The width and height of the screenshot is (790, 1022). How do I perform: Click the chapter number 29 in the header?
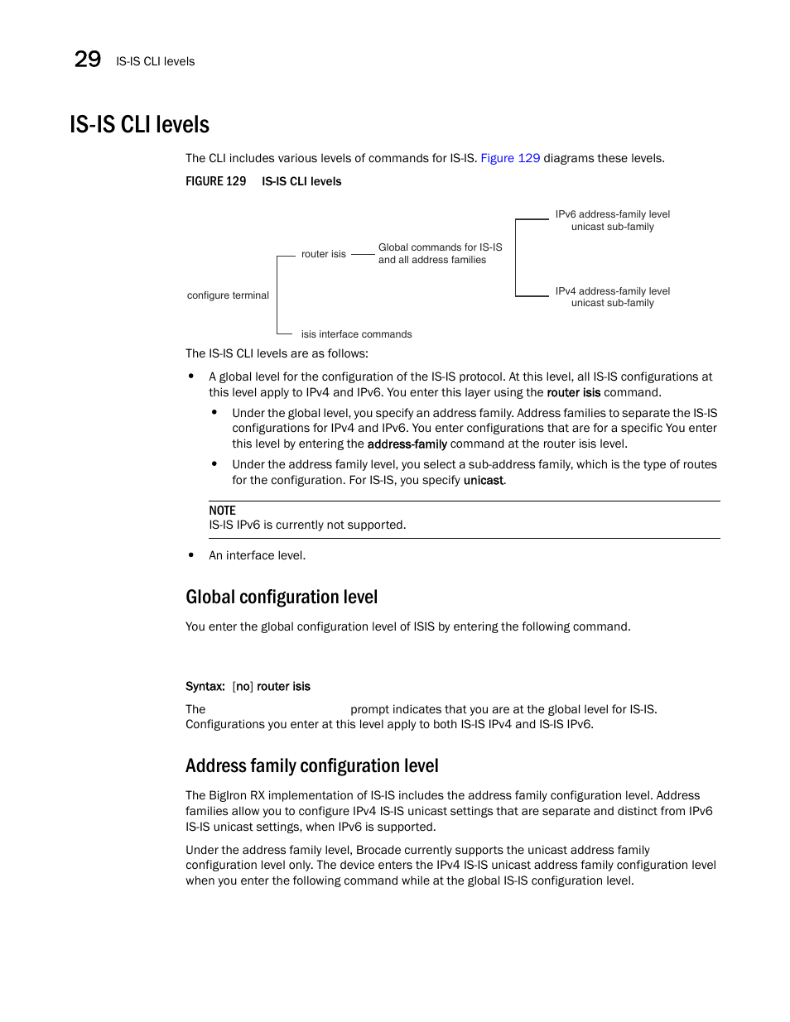[88, 60]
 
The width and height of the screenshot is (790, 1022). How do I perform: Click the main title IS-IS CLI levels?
[139, 125]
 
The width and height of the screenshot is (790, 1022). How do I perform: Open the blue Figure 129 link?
[510, 158]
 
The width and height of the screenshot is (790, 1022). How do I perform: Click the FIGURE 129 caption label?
[215, 181]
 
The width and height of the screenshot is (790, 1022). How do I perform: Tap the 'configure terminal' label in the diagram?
[228, 295]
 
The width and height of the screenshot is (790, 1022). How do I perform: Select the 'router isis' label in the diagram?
[323, 254]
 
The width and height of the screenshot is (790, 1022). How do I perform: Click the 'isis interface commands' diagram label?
[356, 334]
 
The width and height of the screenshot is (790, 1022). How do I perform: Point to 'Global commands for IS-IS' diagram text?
[440, 247]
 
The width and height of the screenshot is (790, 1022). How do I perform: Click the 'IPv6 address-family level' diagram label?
[612, 214]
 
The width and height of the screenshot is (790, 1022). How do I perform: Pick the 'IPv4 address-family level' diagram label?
[612, 291]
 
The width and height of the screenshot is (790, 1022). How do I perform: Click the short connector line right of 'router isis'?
[363, 254]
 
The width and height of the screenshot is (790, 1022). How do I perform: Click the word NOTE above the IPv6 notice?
[222, 511]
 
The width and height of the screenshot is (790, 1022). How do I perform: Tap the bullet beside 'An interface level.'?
[191, 555]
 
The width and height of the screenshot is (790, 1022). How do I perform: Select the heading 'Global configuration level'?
[282, 597]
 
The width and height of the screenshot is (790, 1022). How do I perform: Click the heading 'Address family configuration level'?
[311, 766]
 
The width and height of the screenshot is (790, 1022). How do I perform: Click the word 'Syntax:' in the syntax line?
[205, 687]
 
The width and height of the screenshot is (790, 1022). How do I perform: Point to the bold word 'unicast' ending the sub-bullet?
[484, 481]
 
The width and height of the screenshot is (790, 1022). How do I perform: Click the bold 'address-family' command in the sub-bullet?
[407, 444]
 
